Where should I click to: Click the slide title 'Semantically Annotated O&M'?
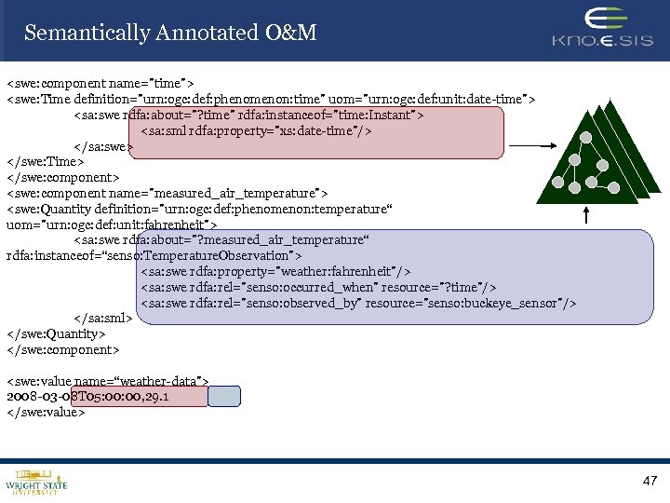click(170, 34)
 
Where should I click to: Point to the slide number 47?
click(650, 481)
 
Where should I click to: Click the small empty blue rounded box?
click(223, 396)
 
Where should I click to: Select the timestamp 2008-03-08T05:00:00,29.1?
click(87, 397)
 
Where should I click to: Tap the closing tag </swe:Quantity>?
click(56, 333)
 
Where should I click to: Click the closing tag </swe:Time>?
click(46, 161)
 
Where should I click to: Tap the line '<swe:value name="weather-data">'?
click(107, 381)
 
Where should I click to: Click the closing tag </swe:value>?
click(46, 413)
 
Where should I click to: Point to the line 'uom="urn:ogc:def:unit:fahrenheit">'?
click(112, 224)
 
